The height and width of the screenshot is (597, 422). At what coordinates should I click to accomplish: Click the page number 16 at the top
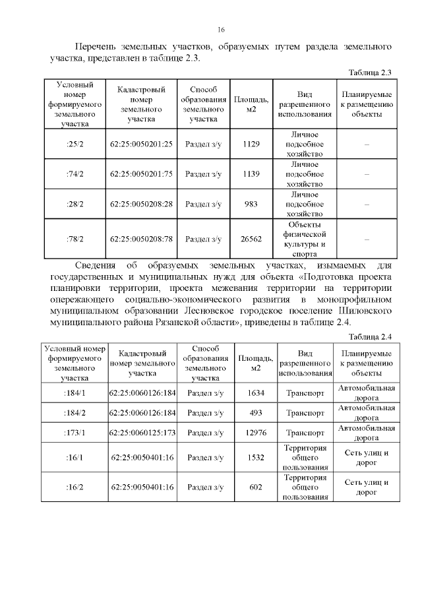pos(222,30)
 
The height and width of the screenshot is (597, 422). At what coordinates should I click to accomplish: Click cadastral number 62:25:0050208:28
pos(141,204)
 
